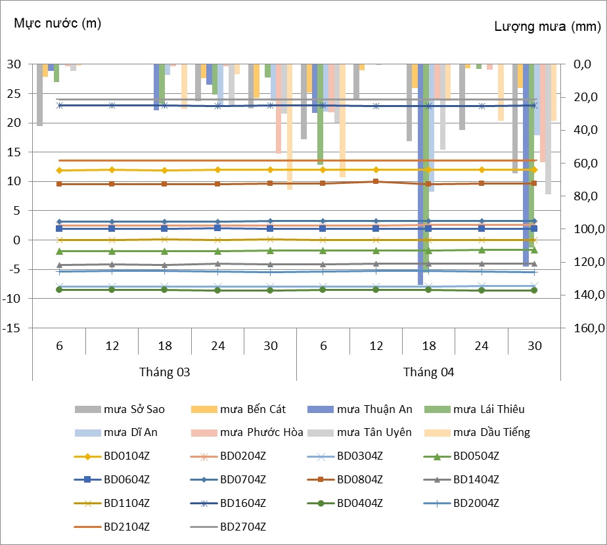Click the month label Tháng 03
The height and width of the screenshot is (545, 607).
pos(165,372)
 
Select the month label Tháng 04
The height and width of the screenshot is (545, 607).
pos(429,372)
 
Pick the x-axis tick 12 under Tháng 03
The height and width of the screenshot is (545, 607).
pos(112,345)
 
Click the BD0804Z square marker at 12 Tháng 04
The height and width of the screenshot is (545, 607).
pos(376,181)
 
